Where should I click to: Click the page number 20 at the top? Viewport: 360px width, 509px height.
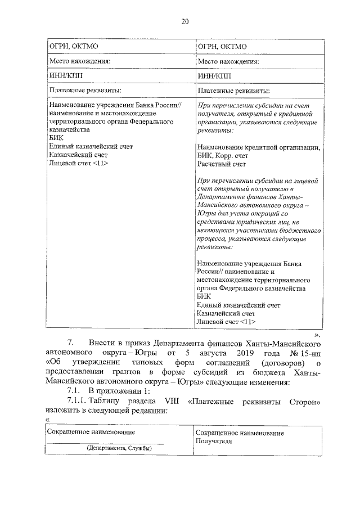point(184,22)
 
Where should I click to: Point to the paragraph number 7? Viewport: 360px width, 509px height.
point(71,343)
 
